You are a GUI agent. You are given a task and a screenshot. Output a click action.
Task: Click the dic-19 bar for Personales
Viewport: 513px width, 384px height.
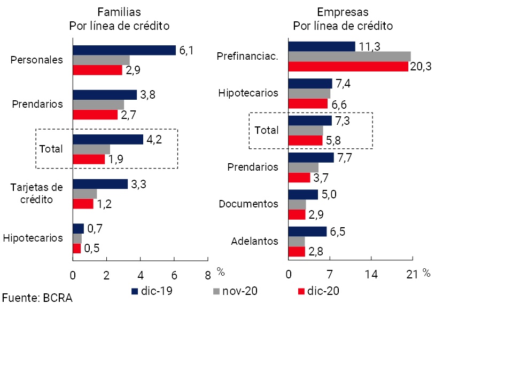[124, 50]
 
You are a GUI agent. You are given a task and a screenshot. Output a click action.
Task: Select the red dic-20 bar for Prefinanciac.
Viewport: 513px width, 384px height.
[348, 67]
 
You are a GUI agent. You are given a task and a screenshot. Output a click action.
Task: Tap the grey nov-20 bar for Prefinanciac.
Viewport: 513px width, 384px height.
[349, 57]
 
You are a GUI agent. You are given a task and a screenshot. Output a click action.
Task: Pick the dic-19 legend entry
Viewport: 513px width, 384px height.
[152, 291]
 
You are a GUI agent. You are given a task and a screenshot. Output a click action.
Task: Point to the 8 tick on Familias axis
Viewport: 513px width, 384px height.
[208, 275]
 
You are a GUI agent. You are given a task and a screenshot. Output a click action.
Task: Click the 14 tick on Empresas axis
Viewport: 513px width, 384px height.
[371, 275]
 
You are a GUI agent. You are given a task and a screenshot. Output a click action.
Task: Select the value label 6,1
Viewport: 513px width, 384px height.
[186, 51]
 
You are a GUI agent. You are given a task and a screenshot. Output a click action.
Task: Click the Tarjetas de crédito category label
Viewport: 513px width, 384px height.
[37, 193]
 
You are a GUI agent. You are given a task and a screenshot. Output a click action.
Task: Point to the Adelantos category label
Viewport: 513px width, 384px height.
[254, 241]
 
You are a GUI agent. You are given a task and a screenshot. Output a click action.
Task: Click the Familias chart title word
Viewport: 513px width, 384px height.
[119, 12]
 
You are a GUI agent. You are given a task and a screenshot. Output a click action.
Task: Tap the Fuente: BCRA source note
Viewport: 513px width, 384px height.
[37, 298]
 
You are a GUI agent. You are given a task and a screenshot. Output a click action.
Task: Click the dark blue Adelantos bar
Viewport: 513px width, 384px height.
[307, 231]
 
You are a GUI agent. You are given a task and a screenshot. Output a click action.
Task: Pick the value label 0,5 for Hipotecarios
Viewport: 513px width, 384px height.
[91, 249]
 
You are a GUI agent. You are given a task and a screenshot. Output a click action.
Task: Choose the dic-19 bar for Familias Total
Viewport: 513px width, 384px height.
[108, 139]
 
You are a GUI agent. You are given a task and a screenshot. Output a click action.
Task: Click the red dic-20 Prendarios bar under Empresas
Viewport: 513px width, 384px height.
[299, 178]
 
